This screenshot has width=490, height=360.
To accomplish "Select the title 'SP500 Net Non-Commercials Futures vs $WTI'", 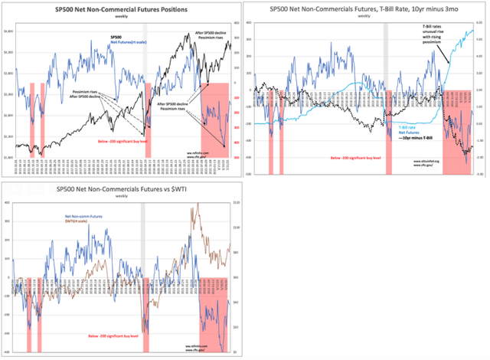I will click(120, 189).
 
